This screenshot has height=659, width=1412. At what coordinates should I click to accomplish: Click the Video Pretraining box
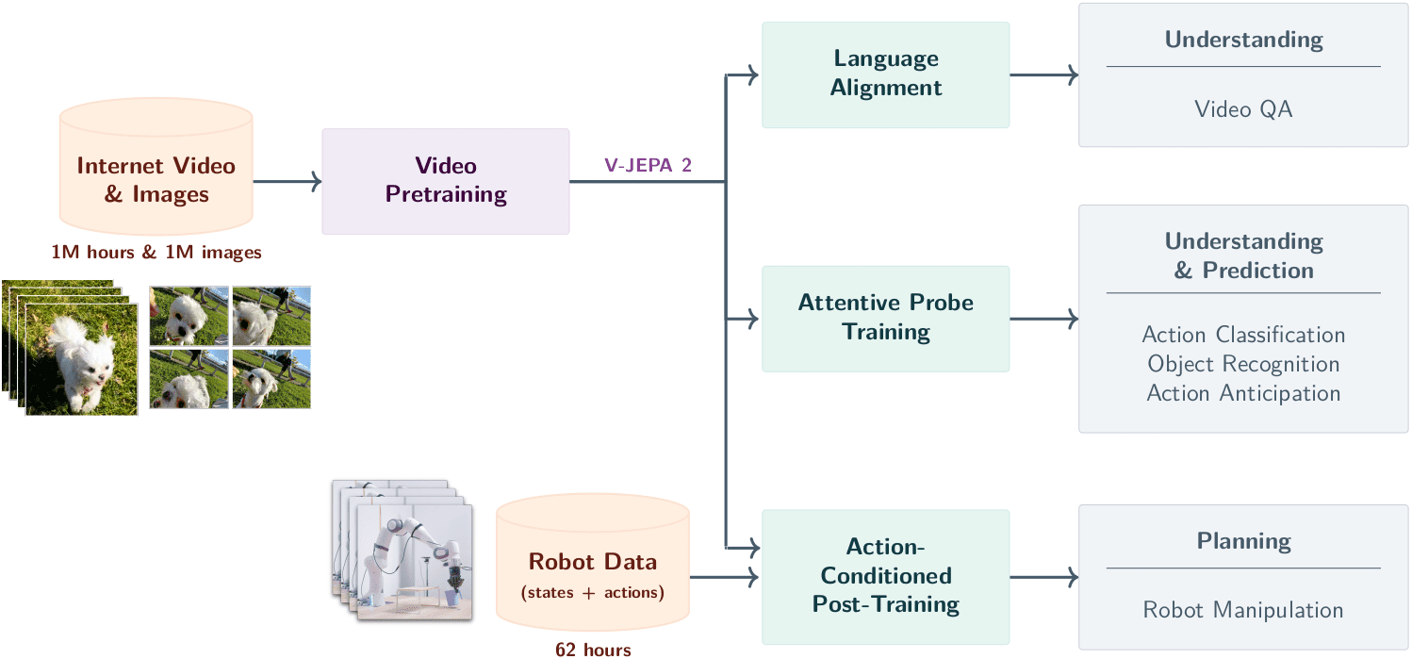[x=446, y=182]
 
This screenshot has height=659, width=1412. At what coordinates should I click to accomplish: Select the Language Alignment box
[x=886, y=75]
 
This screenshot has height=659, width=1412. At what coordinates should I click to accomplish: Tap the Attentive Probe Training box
[x=886, y=319]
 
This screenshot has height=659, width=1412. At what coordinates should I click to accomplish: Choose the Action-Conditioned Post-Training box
[x=886, y=576]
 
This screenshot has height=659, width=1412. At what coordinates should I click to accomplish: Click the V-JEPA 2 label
[x=648, y=165]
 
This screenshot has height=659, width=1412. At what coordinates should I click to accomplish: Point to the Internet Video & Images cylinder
[x=156, y=167]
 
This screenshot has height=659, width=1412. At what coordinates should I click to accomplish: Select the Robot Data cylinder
[x=593, y=562]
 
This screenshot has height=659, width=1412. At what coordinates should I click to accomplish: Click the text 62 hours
[x=593, y=650]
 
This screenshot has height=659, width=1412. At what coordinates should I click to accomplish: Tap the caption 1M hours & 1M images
[x=156, y=253]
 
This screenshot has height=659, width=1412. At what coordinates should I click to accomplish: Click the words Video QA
[x=1243, y=109]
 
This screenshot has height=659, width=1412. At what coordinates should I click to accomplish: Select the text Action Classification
[x=1243, y=335]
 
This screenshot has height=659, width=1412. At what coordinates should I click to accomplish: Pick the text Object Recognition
[x=1243, y=364]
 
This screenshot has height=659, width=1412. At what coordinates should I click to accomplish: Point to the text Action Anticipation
[x=1243, y=393]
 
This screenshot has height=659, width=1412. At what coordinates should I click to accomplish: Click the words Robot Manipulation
[x=1243, y=610]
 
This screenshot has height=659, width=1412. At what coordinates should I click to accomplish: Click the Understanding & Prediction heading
[x=1243, y=255]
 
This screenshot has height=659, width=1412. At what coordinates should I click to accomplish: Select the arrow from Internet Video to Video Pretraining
[x=287, y=182]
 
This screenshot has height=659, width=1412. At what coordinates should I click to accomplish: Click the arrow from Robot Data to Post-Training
[x=724, y=577]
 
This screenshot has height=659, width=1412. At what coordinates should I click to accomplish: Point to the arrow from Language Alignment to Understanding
[x=1043, y=75]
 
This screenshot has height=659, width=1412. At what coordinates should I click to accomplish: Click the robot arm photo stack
[x=402, y=551]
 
